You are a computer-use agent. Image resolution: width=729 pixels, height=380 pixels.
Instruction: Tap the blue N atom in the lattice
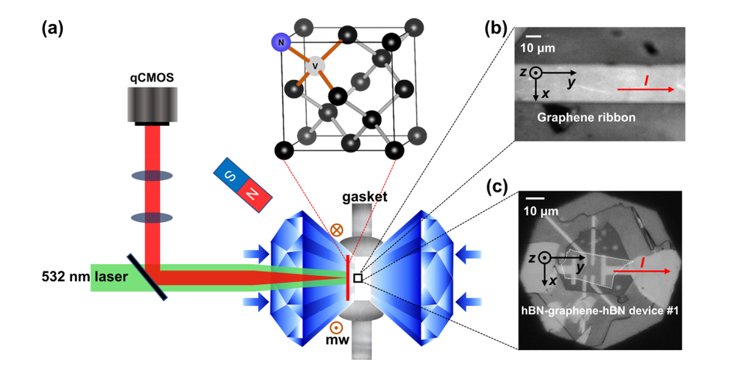[x=281, y=43]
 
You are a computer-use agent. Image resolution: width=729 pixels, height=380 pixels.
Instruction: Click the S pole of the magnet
[x=228, y=173]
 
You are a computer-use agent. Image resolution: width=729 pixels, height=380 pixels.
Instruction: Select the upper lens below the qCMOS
[x=153, y=176]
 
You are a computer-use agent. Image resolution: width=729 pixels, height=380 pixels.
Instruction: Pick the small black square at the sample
[x=359, y=278]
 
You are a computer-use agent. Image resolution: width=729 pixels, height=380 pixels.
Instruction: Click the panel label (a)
[x=52, y=29]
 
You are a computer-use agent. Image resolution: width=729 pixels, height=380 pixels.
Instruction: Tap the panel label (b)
[x=497, y=29]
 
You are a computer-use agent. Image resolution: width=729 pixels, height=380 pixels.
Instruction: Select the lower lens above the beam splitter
[x=153, y=218]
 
